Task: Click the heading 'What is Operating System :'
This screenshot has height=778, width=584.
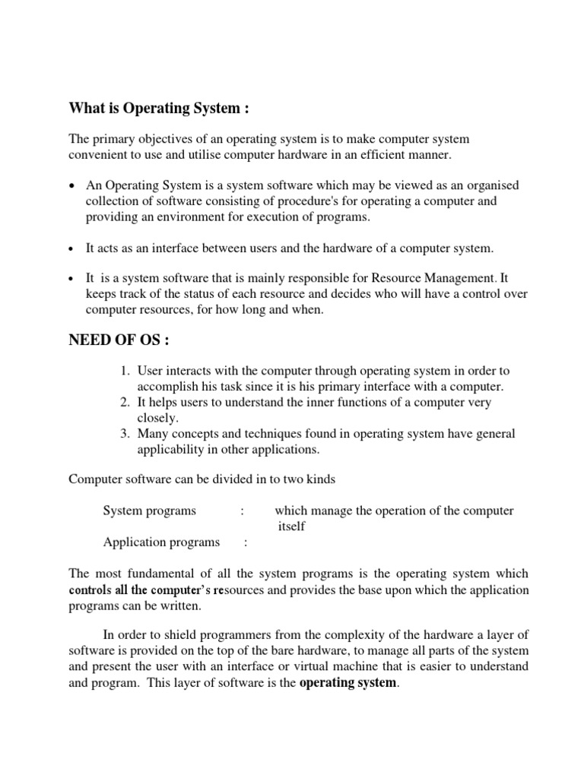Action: [159, 109]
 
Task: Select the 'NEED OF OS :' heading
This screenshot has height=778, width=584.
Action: [119, 340]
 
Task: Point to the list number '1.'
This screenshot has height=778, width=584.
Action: [125, 371]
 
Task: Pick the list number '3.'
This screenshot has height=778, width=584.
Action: [125, 434]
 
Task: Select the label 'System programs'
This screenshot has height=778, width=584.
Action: [149, 511]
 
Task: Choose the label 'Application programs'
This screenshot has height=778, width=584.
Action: [161, 542]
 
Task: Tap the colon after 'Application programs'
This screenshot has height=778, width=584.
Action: [245, 542]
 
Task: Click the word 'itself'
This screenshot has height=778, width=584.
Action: [292, 527]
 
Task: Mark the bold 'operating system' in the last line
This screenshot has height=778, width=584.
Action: [348, 683]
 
